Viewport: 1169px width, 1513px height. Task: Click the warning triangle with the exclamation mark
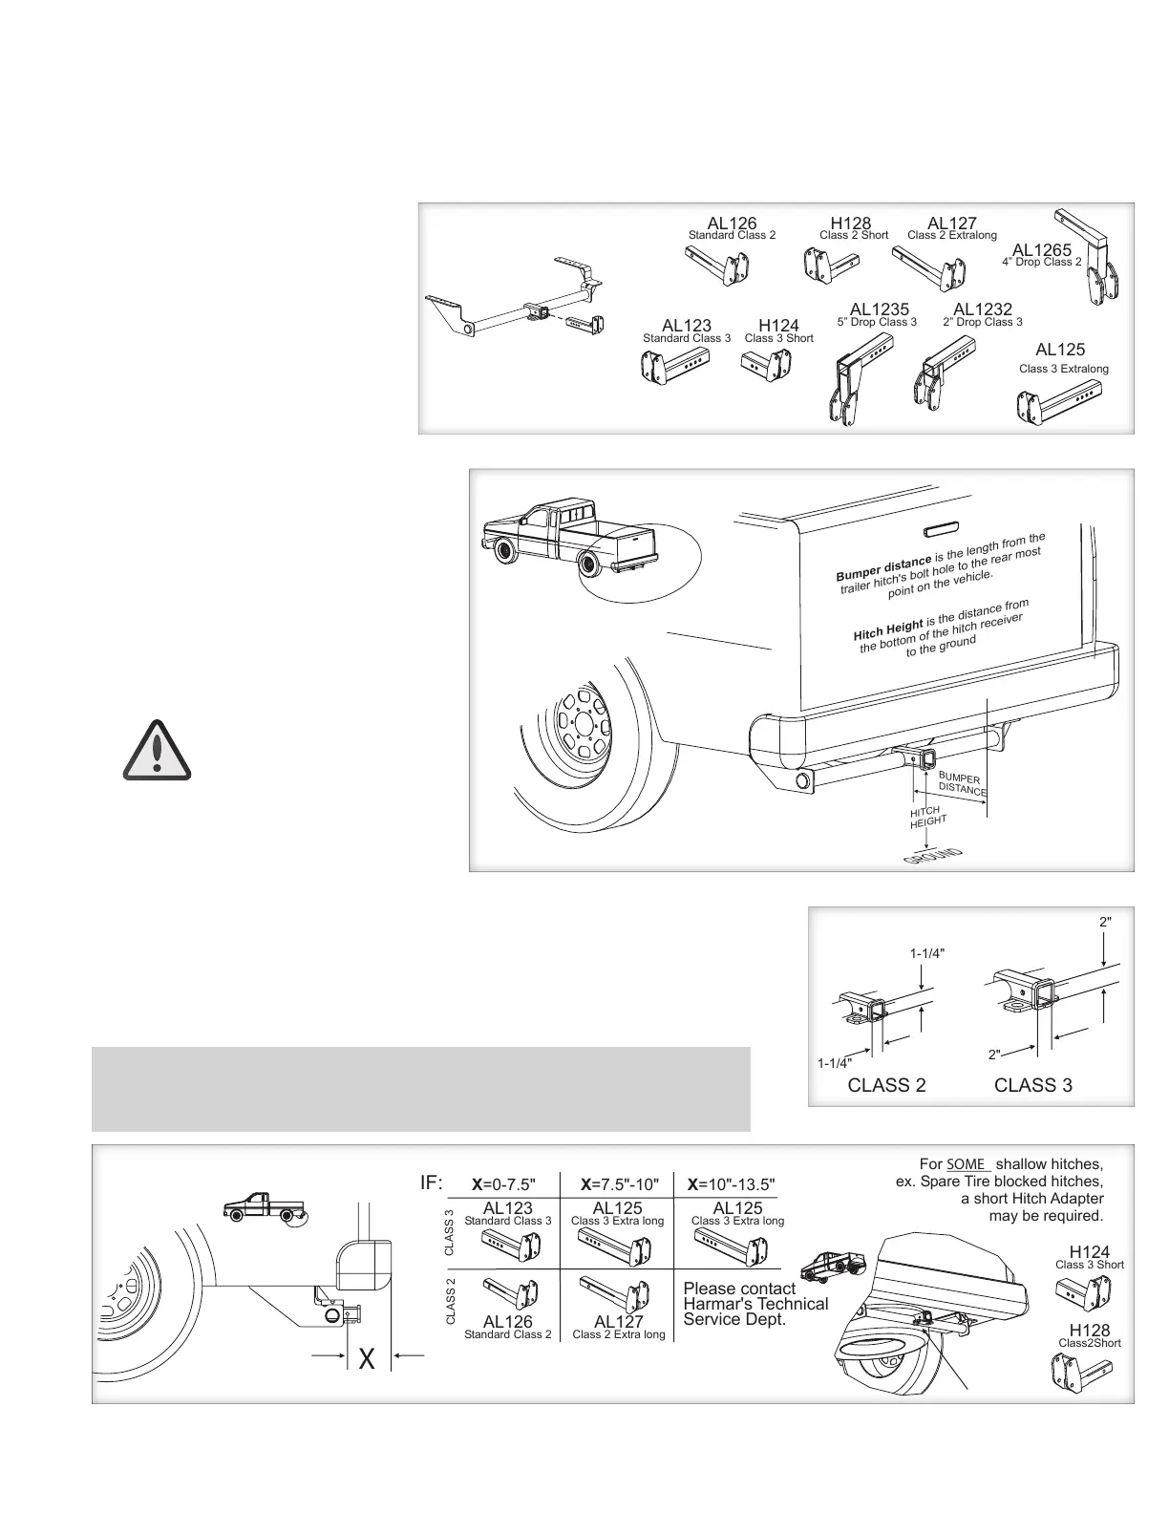[x=158, y=749]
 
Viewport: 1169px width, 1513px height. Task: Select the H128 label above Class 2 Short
[x=850, y=224]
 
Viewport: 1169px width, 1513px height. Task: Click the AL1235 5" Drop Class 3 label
[x=879, y=310]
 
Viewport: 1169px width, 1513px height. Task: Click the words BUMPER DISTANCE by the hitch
[x=961, y=785]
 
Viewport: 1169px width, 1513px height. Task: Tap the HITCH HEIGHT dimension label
[x=927, y=817]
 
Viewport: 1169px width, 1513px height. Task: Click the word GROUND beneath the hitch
[x=931, y=857]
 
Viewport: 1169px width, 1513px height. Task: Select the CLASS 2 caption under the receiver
[x=886, y=1085]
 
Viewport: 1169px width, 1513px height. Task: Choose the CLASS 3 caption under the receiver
[x=1032, y=1085]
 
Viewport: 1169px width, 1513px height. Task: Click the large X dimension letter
[x=367, y=1360]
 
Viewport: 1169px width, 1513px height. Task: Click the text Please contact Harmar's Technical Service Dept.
[x=755, y=1304]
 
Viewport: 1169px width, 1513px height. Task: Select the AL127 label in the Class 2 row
[x=618, y=1323]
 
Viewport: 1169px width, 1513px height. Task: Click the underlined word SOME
[x=967, y=1164]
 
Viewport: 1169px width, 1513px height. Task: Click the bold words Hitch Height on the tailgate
[x=887, y=630]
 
